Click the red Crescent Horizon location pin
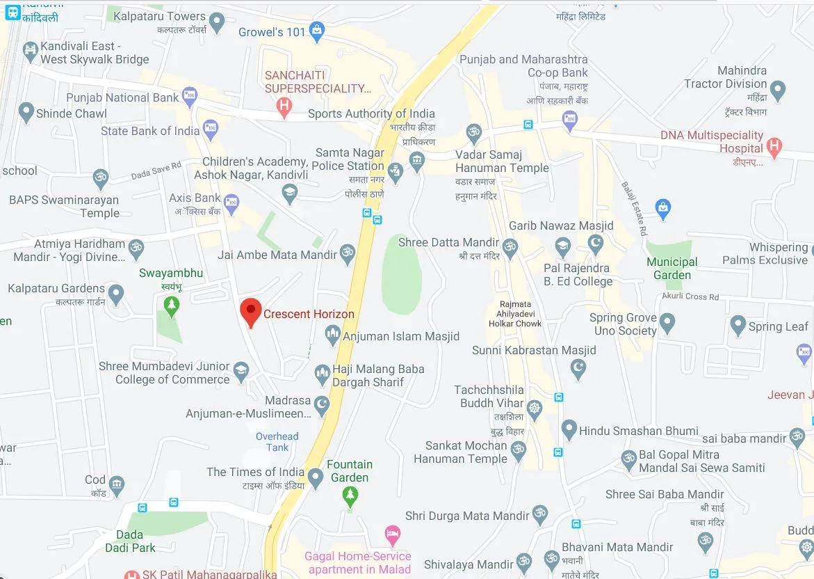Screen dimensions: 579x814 [250, 311]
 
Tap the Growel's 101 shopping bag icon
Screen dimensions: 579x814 [317, 30]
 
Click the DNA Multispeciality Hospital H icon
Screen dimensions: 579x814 [774, 146]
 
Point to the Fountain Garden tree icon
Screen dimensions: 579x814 [350, 495]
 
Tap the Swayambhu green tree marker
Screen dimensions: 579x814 [171, 303]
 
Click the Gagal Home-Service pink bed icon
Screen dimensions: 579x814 [392, 535]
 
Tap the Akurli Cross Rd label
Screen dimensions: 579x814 [692, 296]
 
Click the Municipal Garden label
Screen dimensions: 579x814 [671, 269]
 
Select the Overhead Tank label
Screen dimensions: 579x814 [277, 442]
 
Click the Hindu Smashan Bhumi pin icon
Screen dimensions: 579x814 [569, 429]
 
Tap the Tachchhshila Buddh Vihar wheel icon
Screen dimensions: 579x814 [534, 409]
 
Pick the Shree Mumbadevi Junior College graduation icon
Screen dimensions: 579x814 [241, 370]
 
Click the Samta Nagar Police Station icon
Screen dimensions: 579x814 [395, 170]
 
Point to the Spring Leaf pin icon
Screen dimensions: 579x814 [738, 325]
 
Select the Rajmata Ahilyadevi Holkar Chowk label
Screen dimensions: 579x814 [515, 314]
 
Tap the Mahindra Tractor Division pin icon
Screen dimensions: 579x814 [778, 89]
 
